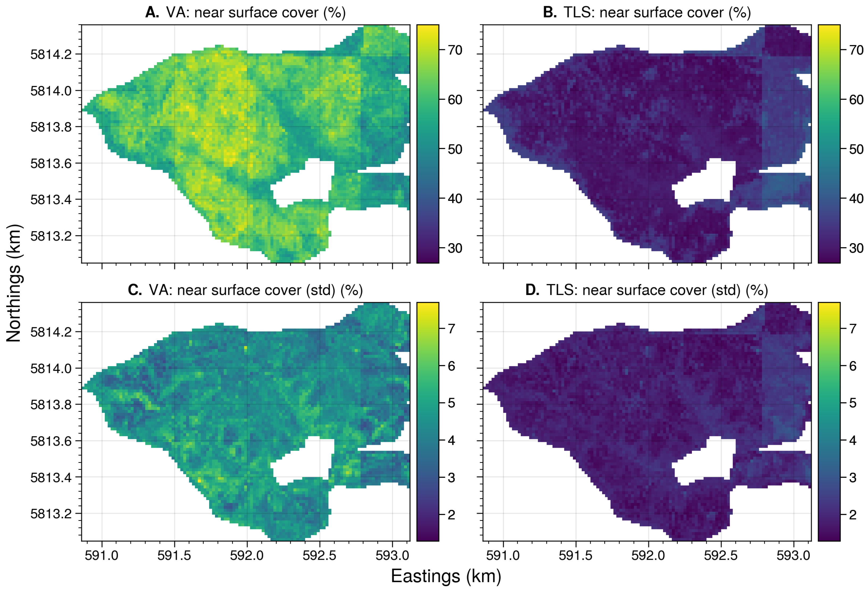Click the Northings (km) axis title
(x=14, y=283)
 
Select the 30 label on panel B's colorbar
(x=856, y=248)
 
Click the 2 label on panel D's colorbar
(x=853, y=515)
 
